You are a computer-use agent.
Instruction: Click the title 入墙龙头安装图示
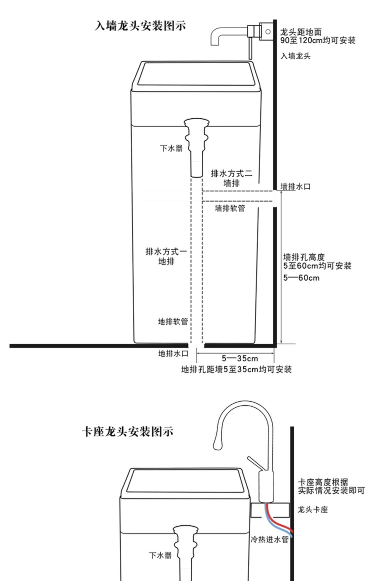click(x=140, y=26)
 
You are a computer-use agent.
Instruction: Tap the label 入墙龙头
click(x=295, y=56)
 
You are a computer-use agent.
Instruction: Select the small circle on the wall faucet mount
click(x=268, y=32)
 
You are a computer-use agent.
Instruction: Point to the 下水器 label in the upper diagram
click(x=171, y=148)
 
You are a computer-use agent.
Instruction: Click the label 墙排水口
click(x=295, y=187)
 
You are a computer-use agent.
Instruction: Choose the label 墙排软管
click(x=230, y=208)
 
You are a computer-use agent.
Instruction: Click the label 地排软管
click(x=173, y=322)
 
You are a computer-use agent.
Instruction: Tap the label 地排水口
click(x=173, y=354)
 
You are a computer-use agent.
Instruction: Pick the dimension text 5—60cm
click(x=301, y=278)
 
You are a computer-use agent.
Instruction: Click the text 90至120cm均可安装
click(x=317, y=40)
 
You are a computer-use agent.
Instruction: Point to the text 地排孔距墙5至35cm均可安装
click(x=236, y=369)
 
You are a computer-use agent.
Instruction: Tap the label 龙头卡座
click(x=312, y=509)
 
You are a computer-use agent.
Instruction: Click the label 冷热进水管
click(x=269, y=539)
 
